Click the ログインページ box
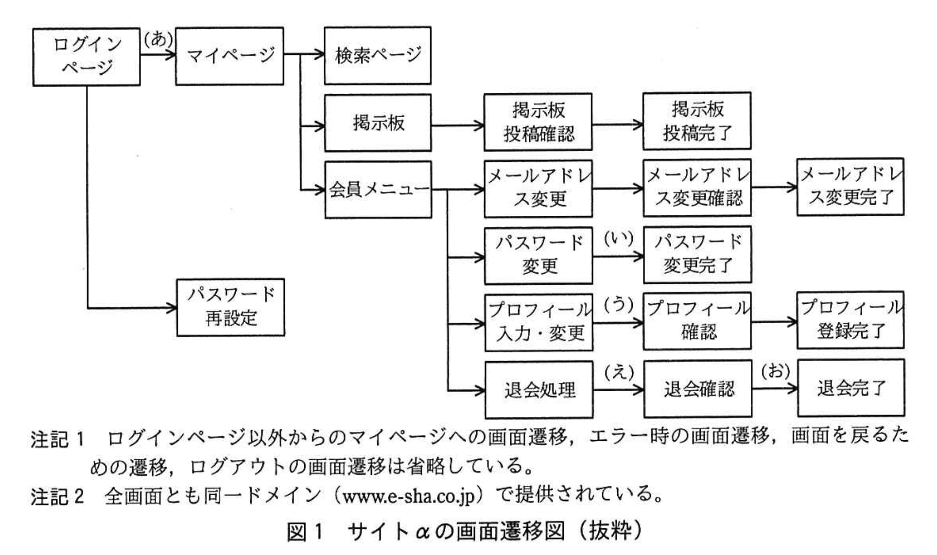pos(87,57)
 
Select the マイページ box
pos(229,56)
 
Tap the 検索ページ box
pos(378,55)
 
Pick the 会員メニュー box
pos(378,190)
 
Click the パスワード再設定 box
pos(231,307)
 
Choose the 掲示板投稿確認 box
pos(538,122)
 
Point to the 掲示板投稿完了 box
pos(697,121)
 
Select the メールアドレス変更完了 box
pos(850,187)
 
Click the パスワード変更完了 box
pos(697,254)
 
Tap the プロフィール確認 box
pos(697,321)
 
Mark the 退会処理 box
pos(539,389)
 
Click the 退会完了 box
pos(851,388)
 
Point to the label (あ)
pos(158,39)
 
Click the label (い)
pos(619,239)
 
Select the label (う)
pos(619,305)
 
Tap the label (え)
pos(619,373)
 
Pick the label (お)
pos(776,371)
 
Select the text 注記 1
pos(57,439)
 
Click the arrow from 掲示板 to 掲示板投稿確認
pos(457,125)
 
